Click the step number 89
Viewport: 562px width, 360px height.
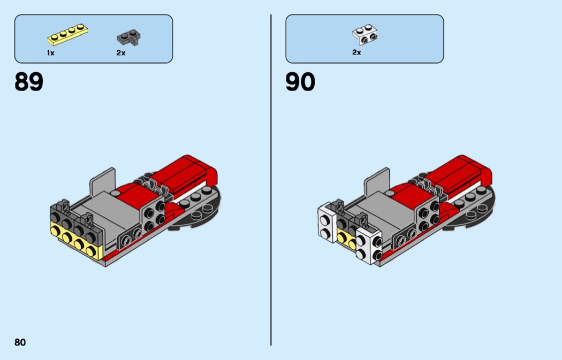[29, 83]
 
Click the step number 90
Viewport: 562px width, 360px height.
[300, 83]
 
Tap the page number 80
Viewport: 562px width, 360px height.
[20, 342]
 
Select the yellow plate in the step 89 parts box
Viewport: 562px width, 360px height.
[67, 35]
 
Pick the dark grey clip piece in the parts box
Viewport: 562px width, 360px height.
[128, 37]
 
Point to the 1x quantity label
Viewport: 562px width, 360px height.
[51, 53]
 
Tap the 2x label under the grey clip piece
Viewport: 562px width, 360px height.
[121, 53]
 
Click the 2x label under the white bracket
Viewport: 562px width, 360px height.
[356, 52]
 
